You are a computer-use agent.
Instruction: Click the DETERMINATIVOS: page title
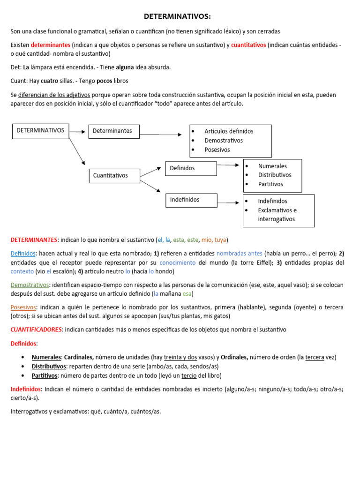pyautogui.click(x=177, y=17)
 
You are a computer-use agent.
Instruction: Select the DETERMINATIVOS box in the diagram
pyautogui.click(x=40, y=131)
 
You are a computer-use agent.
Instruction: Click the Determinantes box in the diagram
pyautogui.click(x=114, y=131)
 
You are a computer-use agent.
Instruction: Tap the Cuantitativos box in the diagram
pyautogui.click(x=114, y=176)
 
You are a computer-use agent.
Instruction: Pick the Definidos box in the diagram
pyautogui.click(x=191, y=168)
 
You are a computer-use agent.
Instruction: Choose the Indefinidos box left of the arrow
pyautogui.click(x=191, y=200)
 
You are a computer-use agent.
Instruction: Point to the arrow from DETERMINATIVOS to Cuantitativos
pyautogui.click(x=77, y=151)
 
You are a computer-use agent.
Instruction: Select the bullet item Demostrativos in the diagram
pyautogui.click(x=224, y=140)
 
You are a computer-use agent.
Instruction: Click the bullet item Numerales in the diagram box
pyautogui.click(x=272, y=166)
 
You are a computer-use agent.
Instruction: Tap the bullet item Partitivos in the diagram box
pyautogui.click(x=270, y=184)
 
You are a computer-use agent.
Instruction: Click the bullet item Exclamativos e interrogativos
pyautogui.click(x=277, y=215)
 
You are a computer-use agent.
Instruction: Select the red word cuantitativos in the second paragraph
pyautogui.click(x=248, y=45)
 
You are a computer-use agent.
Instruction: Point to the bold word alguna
pyautogui.click(x=125, y=67)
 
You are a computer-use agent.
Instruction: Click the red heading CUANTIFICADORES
pyautogui.click(x=36, y=330)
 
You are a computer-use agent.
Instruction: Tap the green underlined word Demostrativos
pyautogui.click(x=30, y=285)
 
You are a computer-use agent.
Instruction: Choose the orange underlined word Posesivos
pyautogui.click(x=23, y=307)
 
